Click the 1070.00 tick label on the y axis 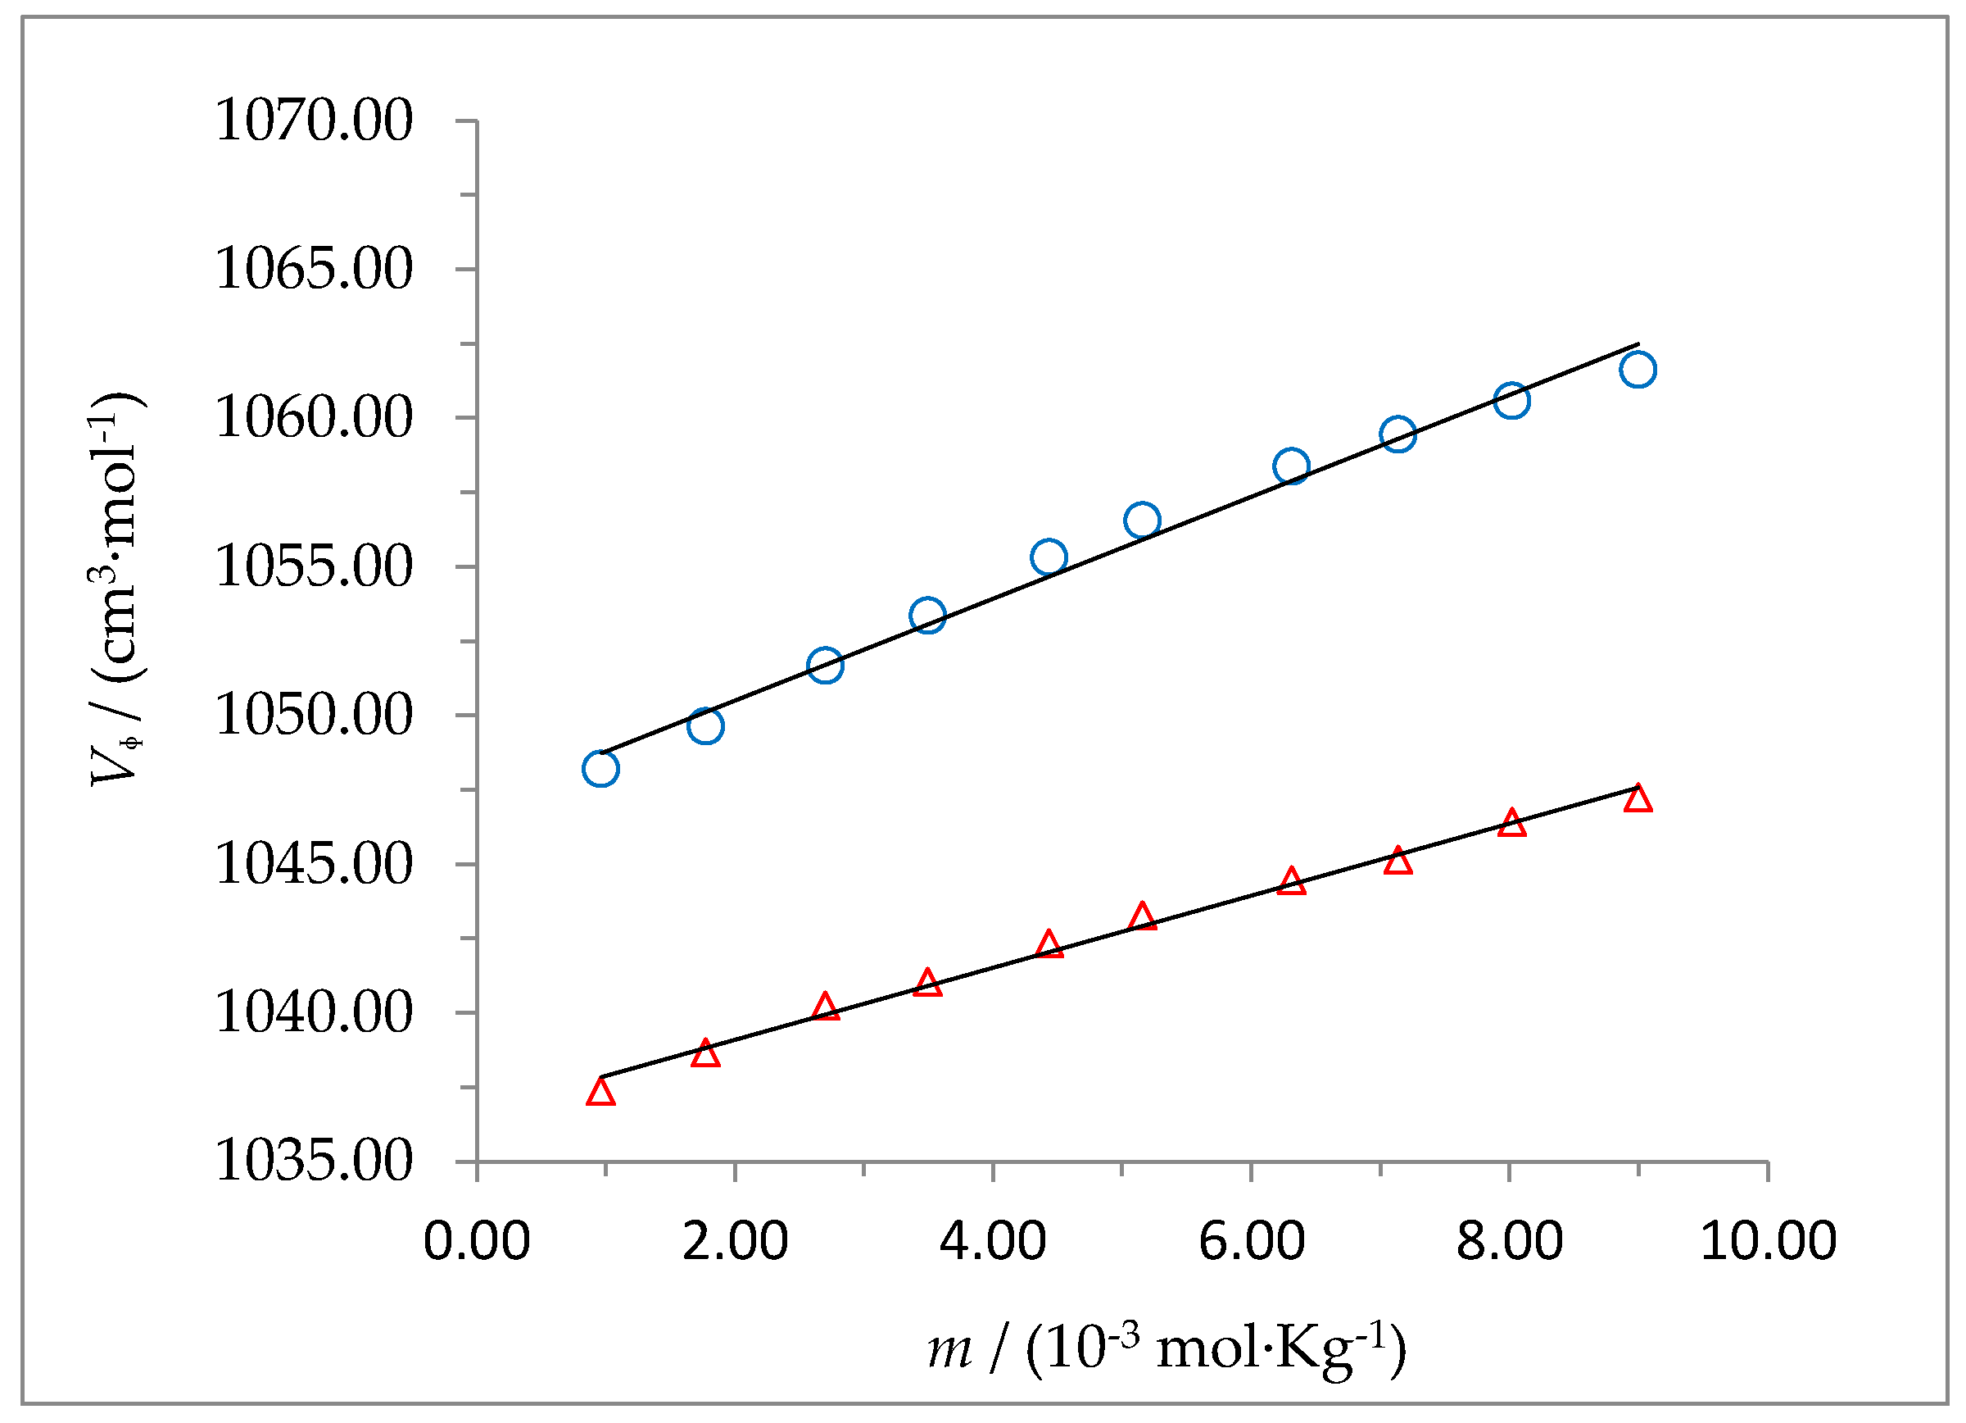[x=313, y=120]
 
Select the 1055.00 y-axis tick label [x=313, y=567]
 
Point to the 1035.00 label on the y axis [x=313, y=1162]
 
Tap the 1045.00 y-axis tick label [x=313, y=865]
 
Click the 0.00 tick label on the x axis [x=476, y=1241]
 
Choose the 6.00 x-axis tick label [x=1251, y=1241]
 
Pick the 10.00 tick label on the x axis [x=1768, y=1241]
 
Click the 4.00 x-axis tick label [x=993, y=1241]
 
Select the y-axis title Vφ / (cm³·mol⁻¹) [x=116, y=589]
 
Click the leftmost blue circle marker [x=600, y=769]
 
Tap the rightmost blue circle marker [x=1638, y=371]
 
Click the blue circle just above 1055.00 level [x=1049, y=557]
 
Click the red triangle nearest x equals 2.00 [x=705, y=1053]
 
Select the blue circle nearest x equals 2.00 [x=705, y=725]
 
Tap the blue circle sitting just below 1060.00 [x=1398, y=434]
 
